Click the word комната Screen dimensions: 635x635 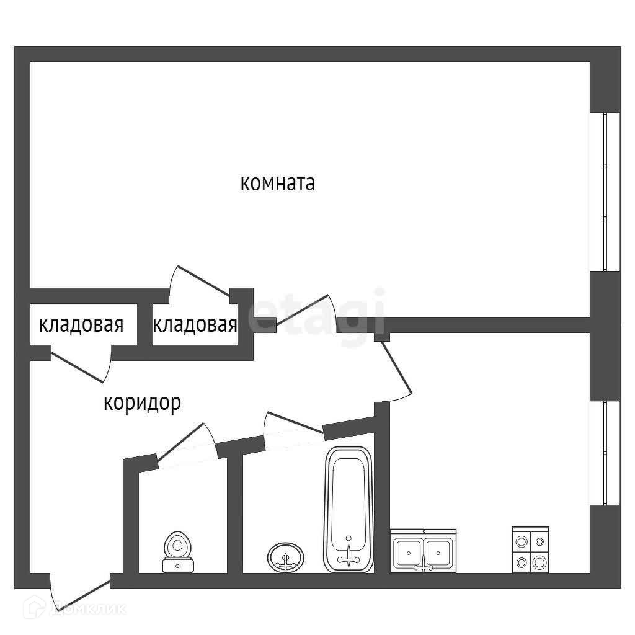tap(277, 184)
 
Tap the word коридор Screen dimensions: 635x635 tap(142, 403)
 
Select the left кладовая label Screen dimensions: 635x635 tap(81, 324)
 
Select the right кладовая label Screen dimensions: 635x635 tap(195, 324)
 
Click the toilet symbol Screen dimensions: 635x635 tap(178, 552)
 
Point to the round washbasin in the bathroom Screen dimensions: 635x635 tap(285, 557)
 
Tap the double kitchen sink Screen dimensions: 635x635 tap(424, 550)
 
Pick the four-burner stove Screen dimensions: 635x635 tap(530, 549)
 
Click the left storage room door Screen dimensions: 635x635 tap(81, 366)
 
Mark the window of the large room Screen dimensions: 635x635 tap(605, 192)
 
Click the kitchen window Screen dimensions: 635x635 tap(605, 453)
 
